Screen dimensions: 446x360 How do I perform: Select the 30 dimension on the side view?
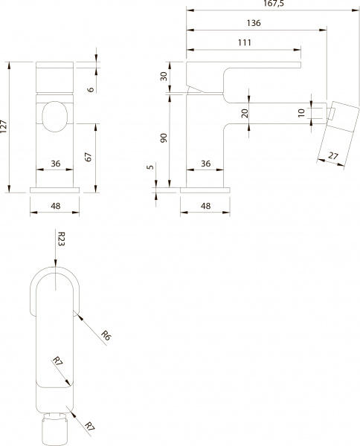click(163, 77)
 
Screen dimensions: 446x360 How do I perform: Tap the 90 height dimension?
click(163, 140)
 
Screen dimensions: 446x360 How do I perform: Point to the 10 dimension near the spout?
click(300, 112)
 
